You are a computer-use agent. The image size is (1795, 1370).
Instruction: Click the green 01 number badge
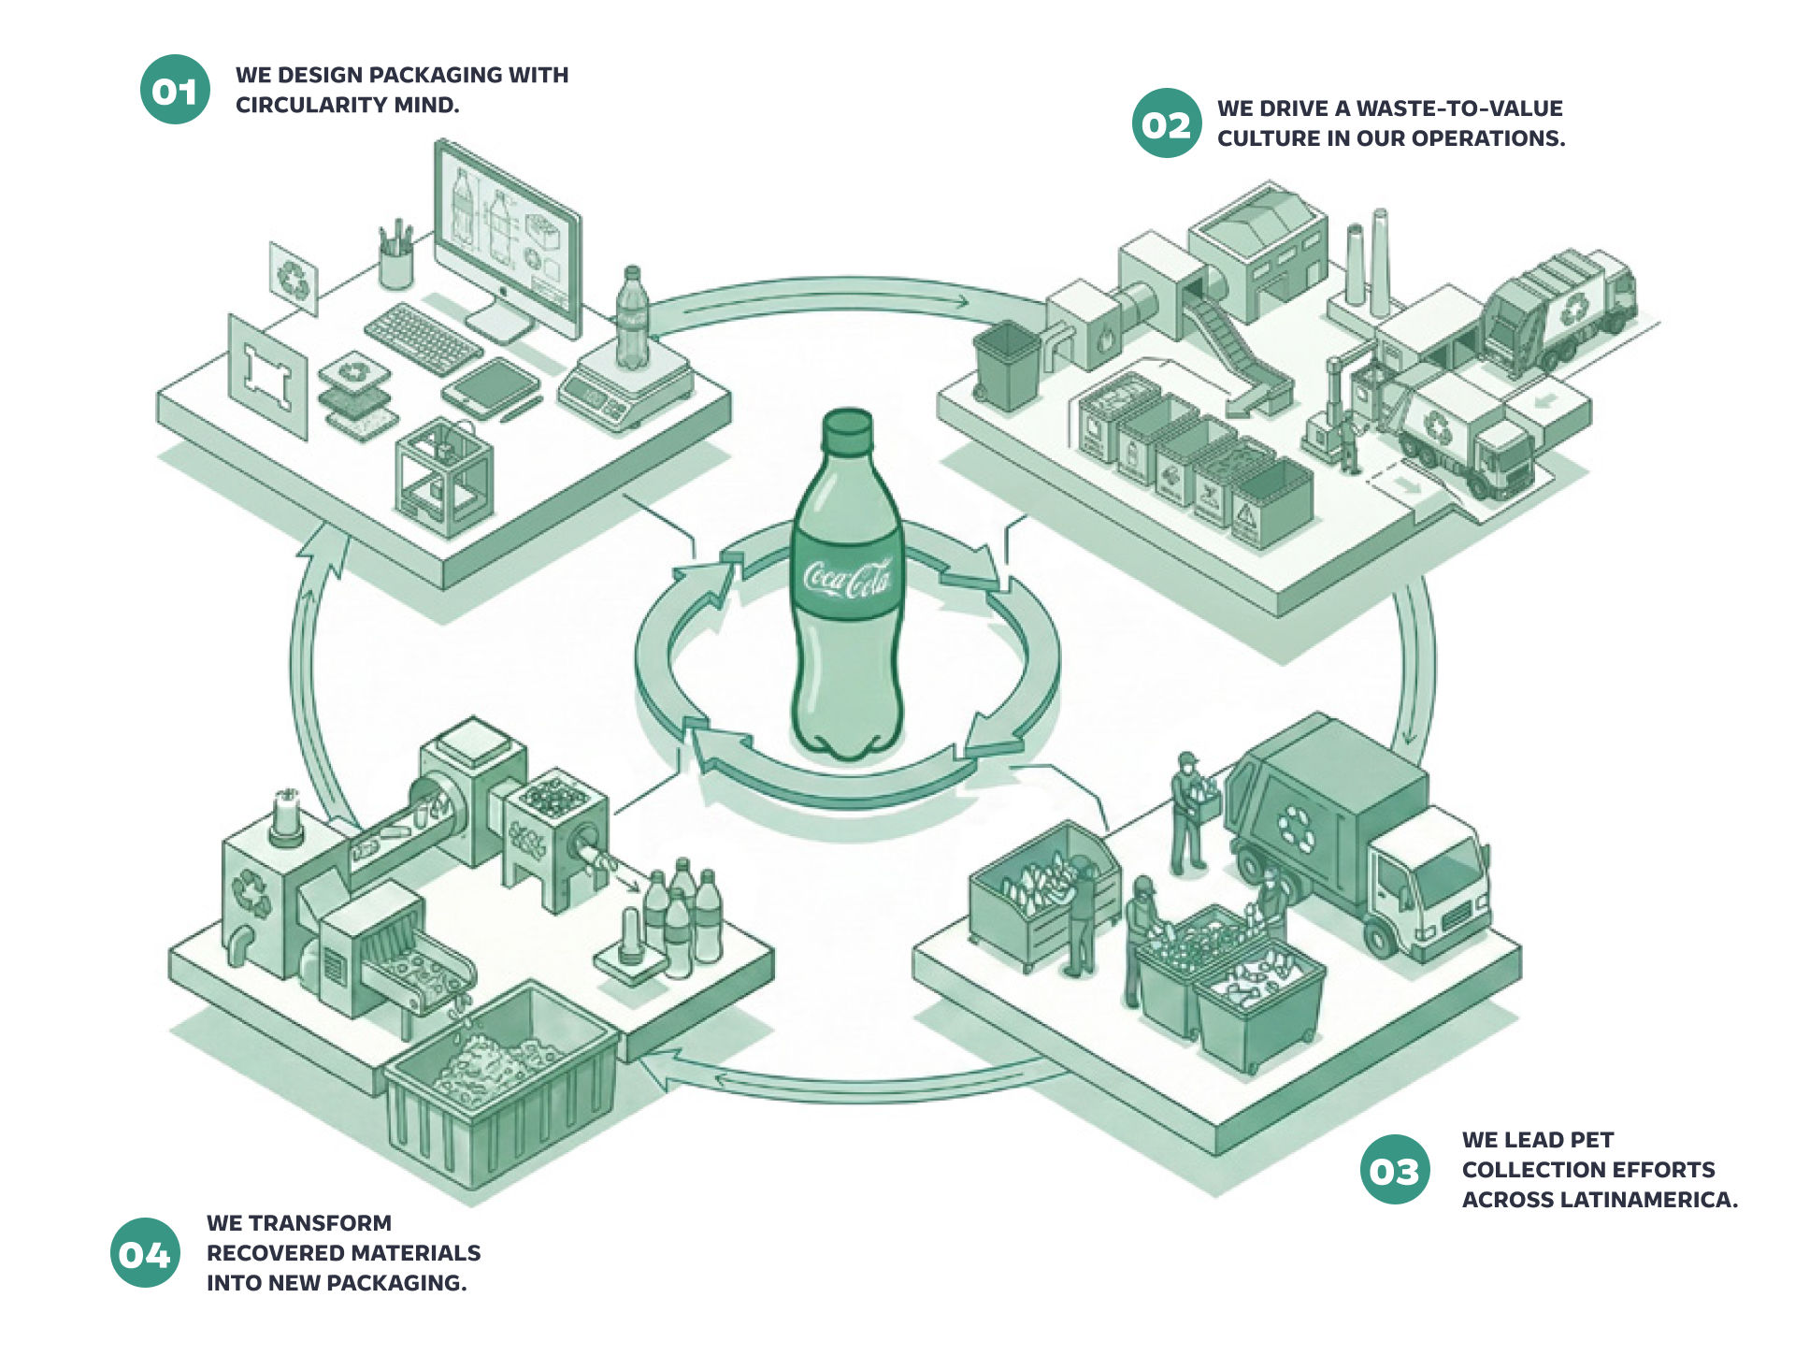coord(175,90)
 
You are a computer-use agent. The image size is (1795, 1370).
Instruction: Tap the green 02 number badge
coord(1166,123)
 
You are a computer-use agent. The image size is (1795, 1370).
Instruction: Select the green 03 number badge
coord(1395,1170)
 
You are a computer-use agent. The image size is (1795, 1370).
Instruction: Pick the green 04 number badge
coord(145,1253)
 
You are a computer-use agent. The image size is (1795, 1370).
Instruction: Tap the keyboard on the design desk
coord(424,339)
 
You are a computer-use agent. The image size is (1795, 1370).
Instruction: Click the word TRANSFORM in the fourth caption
coord(320,1223)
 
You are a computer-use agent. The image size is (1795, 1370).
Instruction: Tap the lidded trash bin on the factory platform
coord(1007,365)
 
